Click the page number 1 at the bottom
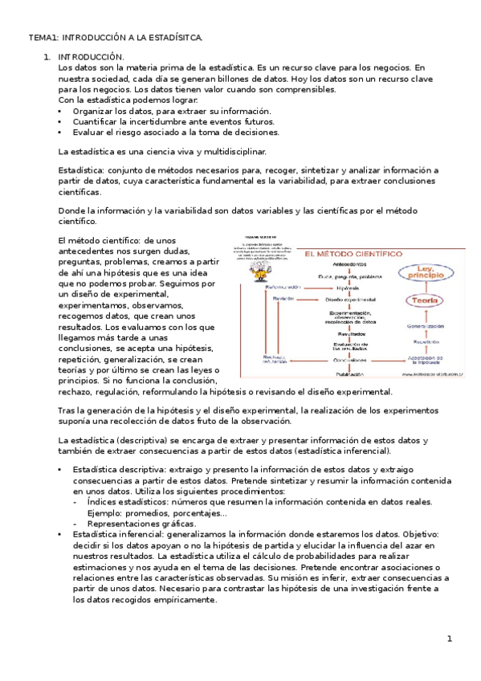point(450,638)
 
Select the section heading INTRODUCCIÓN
point(92,57)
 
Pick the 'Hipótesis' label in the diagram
point(349,287)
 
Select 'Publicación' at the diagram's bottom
point(349,373)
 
